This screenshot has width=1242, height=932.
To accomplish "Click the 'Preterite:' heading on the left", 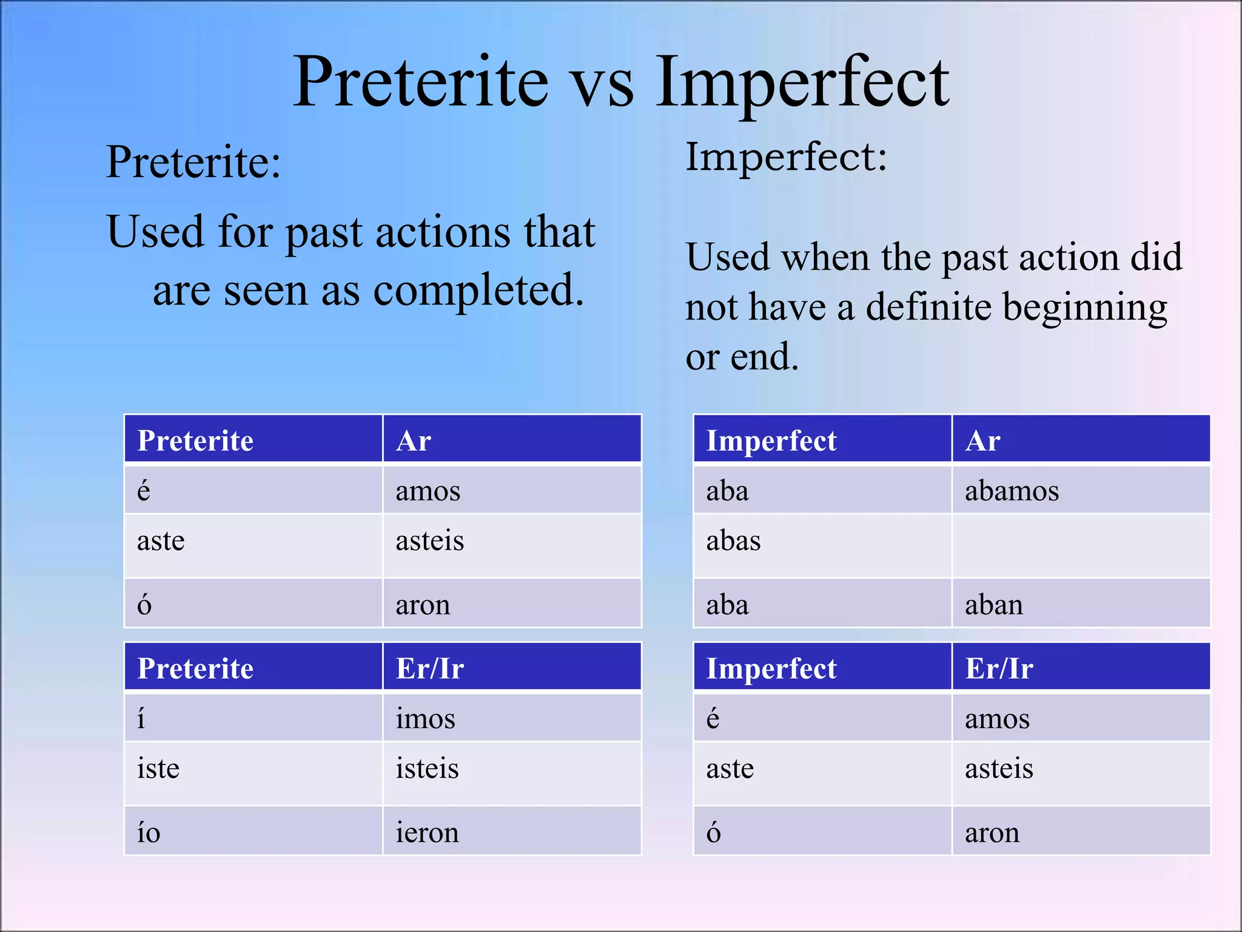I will click(x=193, y=162).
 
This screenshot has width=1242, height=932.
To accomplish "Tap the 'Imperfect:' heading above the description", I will click(x=786, y=157).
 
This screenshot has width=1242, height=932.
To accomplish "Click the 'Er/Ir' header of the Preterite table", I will click(x=429, y=669).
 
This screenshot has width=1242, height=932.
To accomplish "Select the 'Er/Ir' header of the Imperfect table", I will click(x=999, y=669).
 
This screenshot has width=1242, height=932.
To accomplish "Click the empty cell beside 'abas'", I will click(x=1081, y=545).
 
